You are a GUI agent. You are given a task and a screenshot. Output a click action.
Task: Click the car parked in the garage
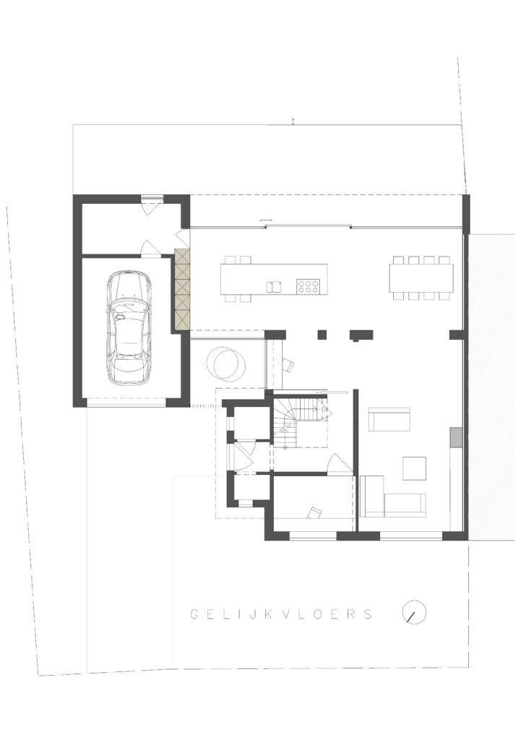tap(128, 327)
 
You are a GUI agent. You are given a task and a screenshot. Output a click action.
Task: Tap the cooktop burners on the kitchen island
tap(308, 286)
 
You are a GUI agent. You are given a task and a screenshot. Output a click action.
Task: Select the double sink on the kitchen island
tap(274, 286)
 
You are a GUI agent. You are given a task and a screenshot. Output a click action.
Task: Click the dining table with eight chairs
tap(420, 278)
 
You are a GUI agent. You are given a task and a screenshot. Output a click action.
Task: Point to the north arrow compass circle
tap(414, 612)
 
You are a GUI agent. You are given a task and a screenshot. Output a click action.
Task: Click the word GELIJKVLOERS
tap(282, 614)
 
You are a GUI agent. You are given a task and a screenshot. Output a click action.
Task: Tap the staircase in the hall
tap(301, 421)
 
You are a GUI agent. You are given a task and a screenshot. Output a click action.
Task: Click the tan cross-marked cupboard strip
tap(181, 289)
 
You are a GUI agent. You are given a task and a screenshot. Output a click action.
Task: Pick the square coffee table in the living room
tap(414, 468)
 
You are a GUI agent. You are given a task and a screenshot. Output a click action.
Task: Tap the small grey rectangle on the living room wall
tap(456, 436)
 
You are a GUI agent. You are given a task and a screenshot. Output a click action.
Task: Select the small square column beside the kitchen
tap(322, 335)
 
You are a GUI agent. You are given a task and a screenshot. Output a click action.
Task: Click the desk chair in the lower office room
tap(314, 512)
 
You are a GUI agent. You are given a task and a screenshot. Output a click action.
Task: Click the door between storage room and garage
tap(151, 249)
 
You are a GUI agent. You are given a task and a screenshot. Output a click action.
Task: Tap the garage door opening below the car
tap(126, 403)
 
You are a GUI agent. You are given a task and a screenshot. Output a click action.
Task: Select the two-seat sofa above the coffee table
tap(389, 419)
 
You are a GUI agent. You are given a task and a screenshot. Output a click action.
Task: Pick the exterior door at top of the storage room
tap(152, 205)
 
